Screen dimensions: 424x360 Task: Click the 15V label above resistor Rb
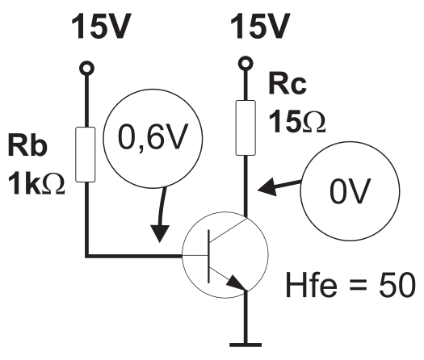pos(102,26)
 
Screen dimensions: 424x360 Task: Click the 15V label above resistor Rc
pos(260,26)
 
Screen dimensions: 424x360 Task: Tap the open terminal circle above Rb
pos(86,68)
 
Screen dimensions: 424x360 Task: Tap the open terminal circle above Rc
pos(246,64)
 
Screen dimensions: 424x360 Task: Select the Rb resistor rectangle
pos(85,155)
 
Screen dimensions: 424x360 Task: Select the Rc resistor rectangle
pos(246,128)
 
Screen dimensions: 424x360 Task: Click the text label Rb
pos(27,144)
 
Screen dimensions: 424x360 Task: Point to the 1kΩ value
pos(36,184)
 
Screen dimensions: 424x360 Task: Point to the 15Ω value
pos(297,121)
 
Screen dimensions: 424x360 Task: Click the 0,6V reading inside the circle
pos(153,137)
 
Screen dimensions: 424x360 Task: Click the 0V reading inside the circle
pos(350,191)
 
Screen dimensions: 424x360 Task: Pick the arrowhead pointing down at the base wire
pos(160,233)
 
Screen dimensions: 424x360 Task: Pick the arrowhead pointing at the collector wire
pos(267,187)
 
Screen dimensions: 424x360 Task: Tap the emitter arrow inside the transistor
pos(237,283)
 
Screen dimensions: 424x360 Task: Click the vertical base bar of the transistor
pos(208,257)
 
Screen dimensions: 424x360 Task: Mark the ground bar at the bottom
pos(246,345)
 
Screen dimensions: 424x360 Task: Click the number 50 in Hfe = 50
pos(397,285)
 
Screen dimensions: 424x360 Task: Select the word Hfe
pos(312,284)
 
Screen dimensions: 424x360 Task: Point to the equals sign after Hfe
pos(358,285)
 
